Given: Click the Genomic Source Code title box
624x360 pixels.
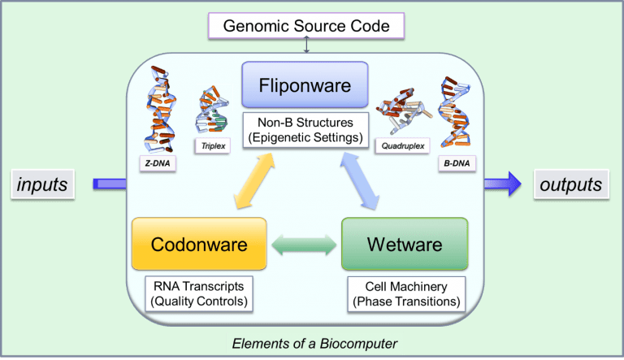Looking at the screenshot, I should click(307, 26).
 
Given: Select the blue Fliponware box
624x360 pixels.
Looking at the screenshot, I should click(305, 85).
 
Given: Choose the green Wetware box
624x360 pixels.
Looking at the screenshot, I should click(404, 244).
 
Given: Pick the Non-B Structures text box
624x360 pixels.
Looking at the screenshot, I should click(305, 131).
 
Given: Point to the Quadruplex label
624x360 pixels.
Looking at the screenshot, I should click(400, 146).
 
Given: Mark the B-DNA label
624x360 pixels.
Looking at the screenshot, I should click(455, 163).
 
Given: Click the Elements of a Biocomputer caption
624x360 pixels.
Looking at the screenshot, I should click(314, 344).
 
